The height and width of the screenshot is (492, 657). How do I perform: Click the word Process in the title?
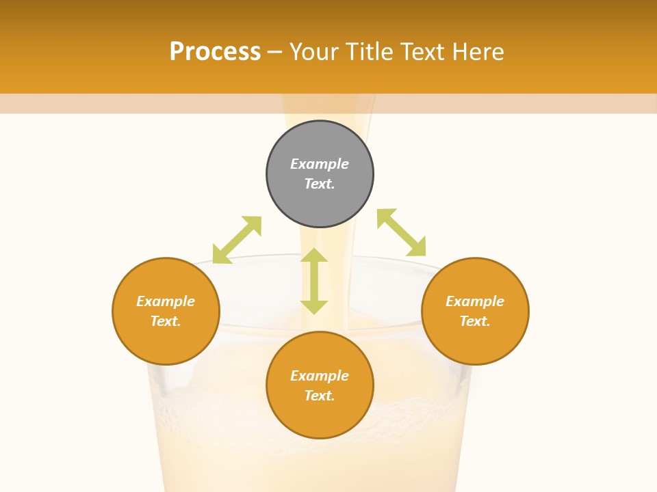tap(215, 52)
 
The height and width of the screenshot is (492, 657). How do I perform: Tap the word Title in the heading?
tap(372, 52)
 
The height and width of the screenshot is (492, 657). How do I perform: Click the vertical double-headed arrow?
tap(314, 281)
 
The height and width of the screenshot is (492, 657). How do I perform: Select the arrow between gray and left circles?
tap(237, 240)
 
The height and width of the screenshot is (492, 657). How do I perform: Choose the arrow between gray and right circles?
tap(402, 232)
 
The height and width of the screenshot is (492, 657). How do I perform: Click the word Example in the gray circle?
tap(320, 164)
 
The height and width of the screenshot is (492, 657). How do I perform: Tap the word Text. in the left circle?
tap(166, 321)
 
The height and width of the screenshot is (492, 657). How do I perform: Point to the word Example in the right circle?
tap(475, 301)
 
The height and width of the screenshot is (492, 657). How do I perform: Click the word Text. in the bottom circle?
tap(320, 396)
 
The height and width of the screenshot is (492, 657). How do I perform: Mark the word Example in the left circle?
tap(166, 301)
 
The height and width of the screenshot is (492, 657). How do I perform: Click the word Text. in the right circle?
tap(475, 321)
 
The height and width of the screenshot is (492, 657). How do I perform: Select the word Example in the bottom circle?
tap(320, 376)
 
